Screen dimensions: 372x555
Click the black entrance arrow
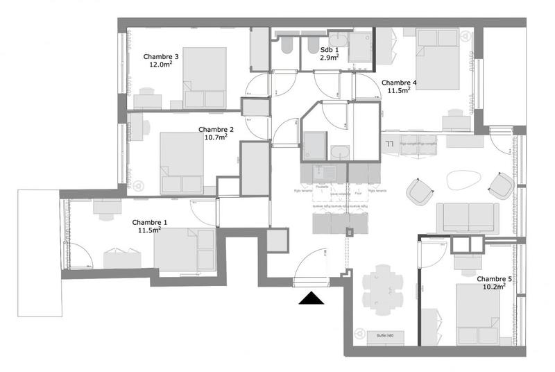311,298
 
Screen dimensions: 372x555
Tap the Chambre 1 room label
149,222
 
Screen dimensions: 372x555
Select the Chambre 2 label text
216,129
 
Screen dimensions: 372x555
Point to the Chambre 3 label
161,57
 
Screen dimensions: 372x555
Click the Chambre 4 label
399,83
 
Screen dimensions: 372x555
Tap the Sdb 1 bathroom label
330,51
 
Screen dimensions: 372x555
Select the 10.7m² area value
216,137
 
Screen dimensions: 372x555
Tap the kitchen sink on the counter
322,171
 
